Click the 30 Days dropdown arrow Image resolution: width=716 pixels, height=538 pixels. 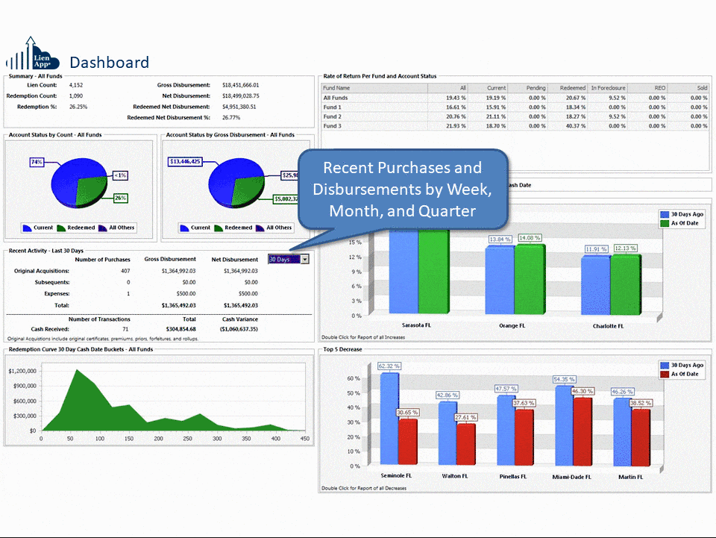[305, 259]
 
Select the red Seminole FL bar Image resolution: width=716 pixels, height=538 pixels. [407, 440]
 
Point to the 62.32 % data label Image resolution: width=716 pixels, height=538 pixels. [389, 366]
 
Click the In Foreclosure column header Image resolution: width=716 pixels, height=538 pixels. [608, 88]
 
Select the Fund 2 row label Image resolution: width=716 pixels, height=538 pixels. [333, 116]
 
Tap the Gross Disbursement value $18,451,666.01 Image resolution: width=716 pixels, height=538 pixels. [241, 85]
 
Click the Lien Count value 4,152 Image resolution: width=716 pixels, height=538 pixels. [76, 85]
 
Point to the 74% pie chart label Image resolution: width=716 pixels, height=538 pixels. [37, 162]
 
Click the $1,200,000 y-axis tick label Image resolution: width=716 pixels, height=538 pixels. [22, 371]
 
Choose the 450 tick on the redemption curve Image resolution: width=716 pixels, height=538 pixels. [304, 440]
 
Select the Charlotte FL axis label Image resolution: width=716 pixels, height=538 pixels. [609, 326]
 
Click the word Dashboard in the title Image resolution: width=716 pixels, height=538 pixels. [109, 62]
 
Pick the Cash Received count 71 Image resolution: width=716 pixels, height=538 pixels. [125, 328]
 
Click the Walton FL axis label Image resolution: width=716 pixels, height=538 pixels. [454, 476]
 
